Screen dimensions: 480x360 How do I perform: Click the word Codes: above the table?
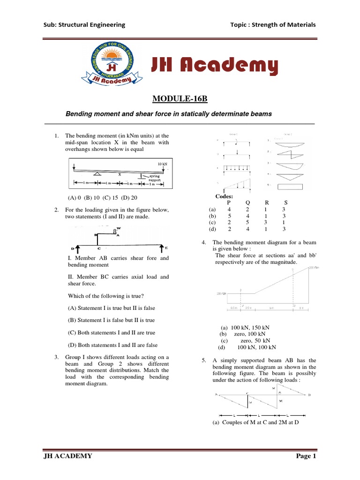(x=225, y=196)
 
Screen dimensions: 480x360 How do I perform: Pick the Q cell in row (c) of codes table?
(x=247, y=223)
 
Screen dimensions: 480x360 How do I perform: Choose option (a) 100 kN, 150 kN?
(x=244, y=327)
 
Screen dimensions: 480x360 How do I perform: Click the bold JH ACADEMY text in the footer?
(x=66, y=456)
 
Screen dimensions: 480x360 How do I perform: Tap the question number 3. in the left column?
(x=56, y=357)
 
